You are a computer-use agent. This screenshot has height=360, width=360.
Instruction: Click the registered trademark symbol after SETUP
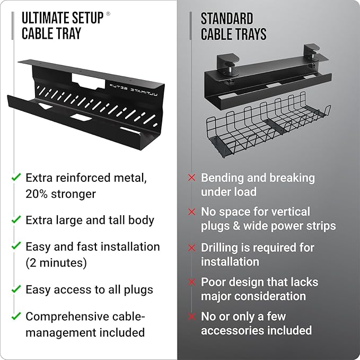109,14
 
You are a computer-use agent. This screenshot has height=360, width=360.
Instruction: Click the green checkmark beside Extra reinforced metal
16,177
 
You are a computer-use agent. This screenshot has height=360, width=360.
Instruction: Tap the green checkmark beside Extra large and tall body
16,219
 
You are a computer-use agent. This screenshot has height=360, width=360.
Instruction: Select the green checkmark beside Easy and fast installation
16,247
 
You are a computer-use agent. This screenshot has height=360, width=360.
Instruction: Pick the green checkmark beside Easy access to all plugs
16,289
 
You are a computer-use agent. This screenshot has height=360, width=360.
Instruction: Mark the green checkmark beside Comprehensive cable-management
16,317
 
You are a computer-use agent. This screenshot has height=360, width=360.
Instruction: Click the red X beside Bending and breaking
192,178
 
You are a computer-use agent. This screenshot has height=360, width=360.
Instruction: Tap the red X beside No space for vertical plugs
192,212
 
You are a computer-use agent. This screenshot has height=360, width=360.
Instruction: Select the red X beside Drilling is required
192,248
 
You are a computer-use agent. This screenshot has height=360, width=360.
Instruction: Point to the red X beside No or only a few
192,317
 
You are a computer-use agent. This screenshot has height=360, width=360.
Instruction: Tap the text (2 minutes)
56,262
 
